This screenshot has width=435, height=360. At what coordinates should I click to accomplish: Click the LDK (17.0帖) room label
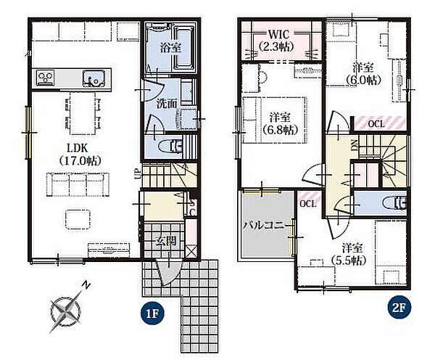(x=80, y=155)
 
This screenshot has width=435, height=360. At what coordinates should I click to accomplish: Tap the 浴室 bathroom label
(x=170, y=47)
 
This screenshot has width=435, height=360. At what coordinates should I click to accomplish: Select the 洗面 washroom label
(x=167, y=104)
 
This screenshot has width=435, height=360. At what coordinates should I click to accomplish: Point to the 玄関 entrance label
(x=165, y=240)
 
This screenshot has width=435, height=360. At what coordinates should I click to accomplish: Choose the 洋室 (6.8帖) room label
(x=280, y=123)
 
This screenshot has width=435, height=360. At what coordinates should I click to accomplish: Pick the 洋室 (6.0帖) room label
(x=363, y=74)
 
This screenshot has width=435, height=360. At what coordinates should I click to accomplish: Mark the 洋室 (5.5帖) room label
(x=349, y=254)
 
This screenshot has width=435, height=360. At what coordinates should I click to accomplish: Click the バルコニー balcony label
(x=268, y=225)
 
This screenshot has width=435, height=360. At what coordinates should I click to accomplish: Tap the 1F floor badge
(x=152, y=314)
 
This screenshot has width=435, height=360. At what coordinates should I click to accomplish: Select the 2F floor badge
(x=399, y=308)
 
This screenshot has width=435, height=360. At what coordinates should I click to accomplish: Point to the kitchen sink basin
(x=94, y=78)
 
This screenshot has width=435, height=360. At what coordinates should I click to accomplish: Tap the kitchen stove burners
(x=46, y=77)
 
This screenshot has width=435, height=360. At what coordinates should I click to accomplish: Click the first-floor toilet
(x=170, y=147)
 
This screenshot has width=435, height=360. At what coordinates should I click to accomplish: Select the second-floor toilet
(x=394, y=202)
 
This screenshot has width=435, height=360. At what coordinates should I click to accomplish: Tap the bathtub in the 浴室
(x=184, y=48)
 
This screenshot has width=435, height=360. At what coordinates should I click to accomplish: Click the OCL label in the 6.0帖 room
(x=376, y=124)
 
